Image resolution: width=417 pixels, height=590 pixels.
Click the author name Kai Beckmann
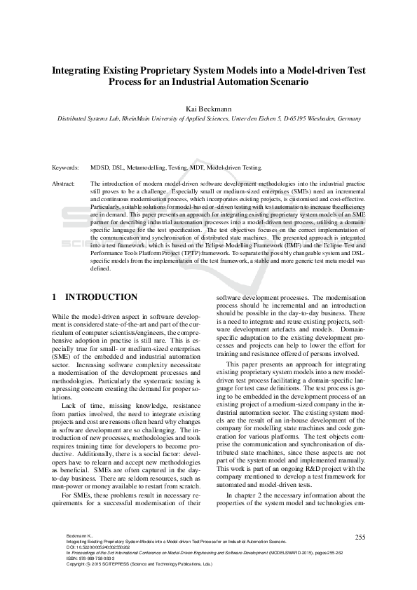(207, 109)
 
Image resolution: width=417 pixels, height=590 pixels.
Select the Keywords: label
(67, 168)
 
